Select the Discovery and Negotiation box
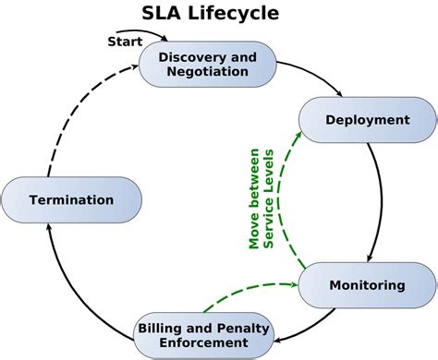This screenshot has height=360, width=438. [x=207, y=65]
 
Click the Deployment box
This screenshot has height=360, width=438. [x=367, y=120]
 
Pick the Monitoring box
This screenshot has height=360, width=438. [x=367, y=285]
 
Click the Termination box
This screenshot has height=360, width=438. [x=71, y=199]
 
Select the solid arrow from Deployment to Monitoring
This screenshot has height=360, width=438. [x=378, y=203]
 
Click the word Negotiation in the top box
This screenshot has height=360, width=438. [x=207, y=71]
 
